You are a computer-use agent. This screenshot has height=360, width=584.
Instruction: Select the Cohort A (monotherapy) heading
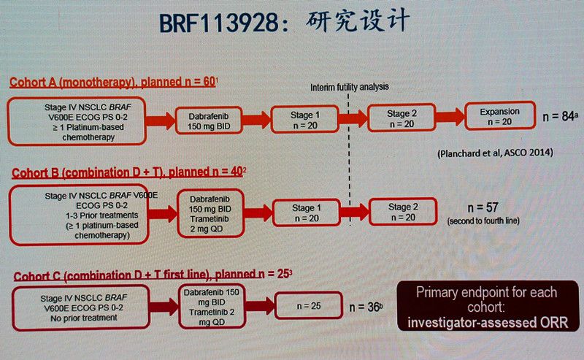(112, 83)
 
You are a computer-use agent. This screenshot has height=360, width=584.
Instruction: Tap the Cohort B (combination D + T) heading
(127, 172)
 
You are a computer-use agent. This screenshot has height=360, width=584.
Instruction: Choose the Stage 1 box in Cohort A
(304, 118)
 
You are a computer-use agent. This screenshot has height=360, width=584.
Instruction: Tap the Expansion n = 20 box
(500, 117)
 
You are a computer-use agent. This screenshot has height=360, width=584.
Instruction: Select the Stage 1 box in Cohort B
(305, 213)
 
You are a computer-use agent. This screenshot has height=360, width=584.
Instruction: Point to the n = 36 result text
(366, 307)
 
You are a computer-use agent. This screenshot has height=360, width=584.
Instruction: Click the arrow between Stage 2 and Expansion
(447, 117)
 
